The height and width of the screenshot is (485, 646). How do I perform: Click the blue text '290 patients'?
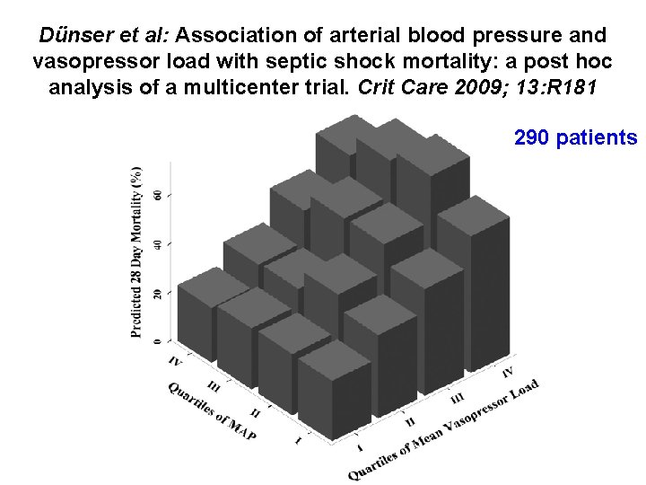[x=575, y=137]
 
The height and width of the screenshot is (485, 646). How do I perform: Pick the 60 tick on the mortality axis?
[x=159, y=195]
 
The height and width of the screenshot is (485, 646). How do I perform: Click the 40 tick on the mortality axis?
[x=159, y=244]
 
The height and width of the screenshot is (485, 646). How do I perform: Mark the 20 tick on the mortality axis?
[x=159, y=294]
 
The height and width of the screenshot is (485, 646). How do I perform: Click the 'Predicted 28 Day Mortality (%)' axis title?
[x=136, y=251]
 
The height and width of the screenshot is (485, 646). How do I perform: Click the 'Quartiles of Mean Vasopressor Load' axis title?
[x=444, y=429]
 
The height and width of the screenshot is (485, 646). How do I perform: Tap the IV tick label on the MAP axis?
[x=176, y=361]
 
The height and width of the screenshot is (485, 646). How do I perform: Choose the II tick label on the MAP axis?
[x=256, y=414]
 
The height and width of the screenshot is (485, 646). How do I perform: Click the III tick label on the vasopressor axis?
[x=458, y=396]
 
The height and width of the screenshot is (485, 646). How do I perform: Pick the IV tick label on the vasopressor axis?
[x=508, y=371]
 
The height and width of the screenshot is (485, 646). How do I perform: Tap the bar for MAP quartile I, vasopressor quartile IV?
[x=473, y=278]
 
